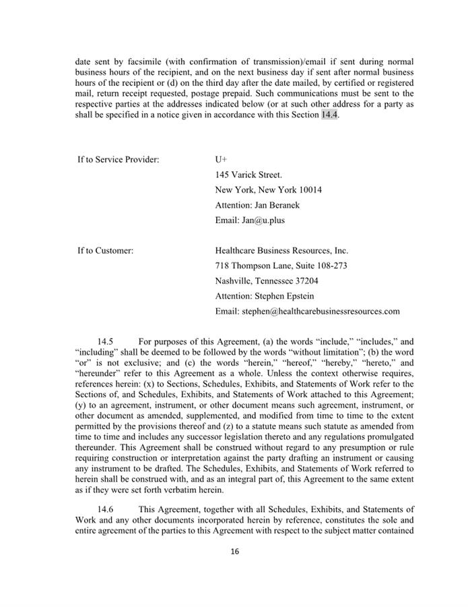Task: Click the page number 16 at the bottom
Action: click(234, 551)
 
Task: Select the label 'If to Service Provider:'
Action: click(118, 160)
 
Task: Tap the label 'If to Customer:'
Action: click(105, 251)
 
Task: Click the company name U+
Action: click(221, 160)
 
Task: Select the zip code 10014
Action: click(309, 190)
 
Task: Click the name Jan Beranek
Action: click(277, 205)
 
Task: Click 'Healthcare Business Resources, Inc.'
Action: click(281, 251)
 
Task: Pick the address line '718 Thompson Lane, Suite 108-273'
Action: click(281, 266)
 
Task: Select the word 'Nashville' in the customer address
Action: click(233, 281)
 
